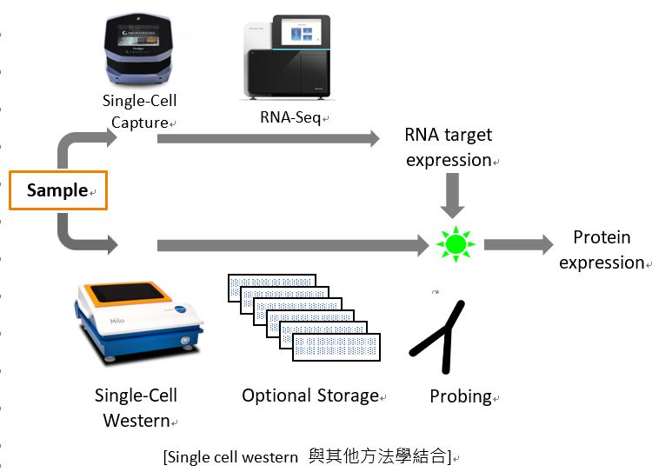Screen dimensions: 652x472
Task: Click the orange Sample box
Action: [x=58, y=190]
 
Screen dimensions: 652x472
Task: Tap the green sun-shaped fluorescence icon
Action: [x=456, y=244]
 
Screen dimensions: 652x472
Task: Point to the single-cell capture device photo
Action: [x=138, y=49]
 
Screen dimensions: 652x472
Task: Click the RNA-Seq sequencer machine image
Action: [x=288, y=57]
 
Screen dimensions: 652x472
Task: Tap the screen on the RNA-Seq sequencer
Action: [x=302, y=32]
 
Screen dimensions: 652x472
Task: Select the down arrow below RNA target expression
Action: [x=452, y=196]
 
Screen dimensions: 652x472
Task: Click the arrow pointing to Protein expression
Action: [x=519, y=244]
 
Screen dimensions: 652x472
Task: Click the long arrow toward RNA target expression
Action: [x=269, y=138]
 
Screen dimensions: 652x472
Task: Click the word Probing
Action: [x=461, y=396]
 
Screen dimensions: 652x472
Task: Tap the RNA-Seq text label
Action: [x=290, y=117]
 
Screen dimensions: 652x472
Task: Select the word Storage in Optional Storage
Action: [x=348, y=396]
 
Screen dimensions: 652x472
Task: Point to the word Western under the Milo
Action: [x=136, y=421]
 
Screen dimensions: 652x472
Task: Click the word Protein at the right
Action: [x=602, y=237]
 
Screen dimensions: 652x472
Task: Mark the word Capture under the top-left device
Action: [x=140, y=123]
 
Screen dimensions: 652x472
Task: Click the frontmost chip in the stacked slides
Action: [x=336, y=347]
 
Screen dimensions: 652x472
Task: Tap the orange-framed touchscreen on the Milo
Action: [x=128, y=293]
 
